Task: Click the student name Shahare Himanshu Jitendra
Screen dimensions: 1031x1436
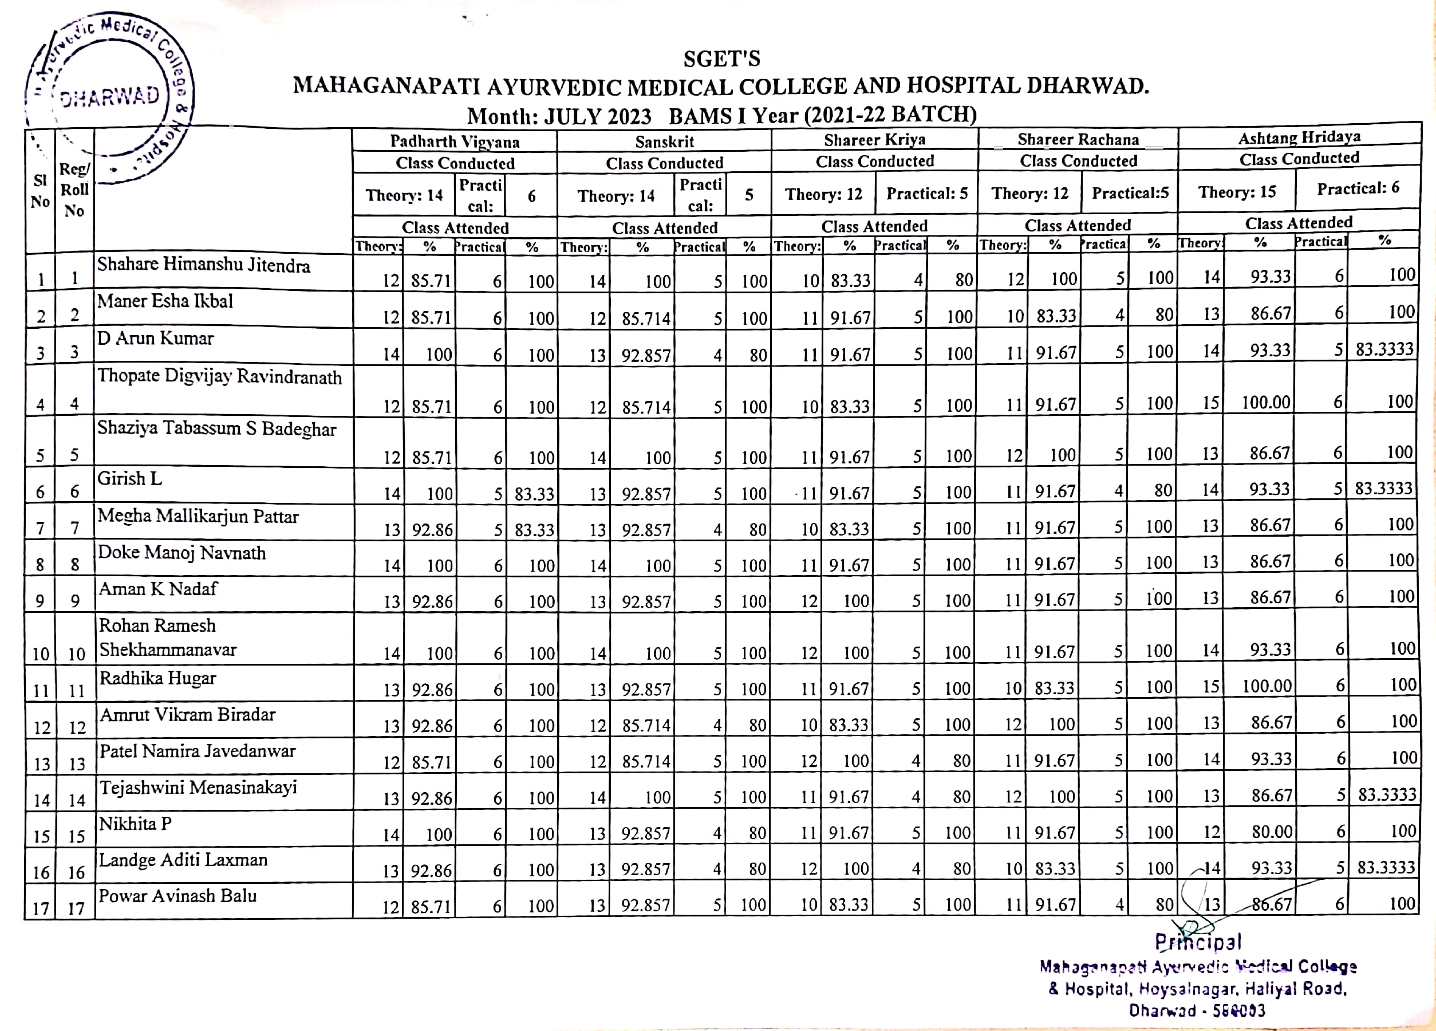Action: click(x=203, y=265)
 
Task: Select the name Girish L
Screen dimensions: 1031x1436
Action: click(x=130, y=479)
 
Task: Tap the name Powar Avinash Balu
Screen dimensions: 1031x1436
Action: click(x=177, y=896)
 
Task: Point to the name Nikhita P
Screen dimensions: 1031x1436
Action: click(x=136, y=824)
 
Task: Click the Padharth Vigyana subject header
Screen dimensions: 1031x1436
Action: click(x=454, y=141)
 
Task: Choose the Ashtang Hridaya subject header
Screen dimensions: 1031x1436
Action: click(x=1299, y=137)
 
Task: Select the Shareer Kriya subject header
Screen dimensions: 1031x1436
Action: click(x=874, y=140)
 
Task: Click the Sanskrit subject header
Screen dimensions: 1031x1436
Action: click(x=664, y=142)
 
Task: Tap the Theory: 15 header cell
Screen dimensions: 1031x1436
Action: click(x=1236, y=192)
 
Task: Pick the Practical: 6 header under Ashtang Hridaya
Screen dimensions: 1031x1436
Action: click(x=1358, y=188)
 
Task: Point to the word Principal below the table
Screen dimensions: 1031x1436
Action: click(x=1197, y=942)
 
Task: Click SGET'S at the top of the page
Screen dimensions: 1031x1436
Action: click(x=721, y=59)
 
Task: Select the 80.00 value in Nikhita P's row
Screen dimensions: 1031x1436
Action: click(x=1271, y=831)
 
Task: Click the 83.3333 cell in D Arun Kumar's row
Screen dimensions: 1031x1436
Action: click(x=1384, y=349)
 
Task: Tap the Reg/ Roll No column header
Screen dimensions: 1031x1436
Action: click(x=74, y=190)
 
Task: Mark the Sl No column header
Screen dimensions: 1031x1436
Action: click(x=40, y=191)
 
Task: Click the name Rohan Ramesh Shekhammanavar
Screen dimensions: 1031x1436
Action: click(x=167, y=637)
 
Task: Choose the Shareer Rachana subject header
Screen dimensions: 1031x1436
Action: click(x=1078, y=139)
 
